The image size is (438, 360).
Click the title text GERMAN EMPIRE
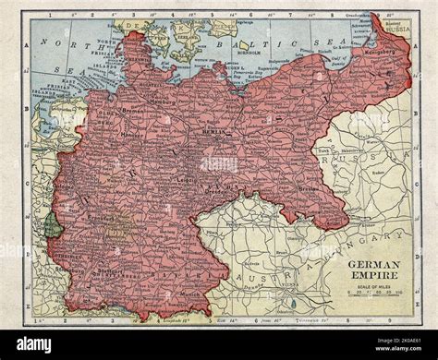click(375, 269)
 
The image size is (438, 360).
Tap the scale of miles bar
click(375, 293)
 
